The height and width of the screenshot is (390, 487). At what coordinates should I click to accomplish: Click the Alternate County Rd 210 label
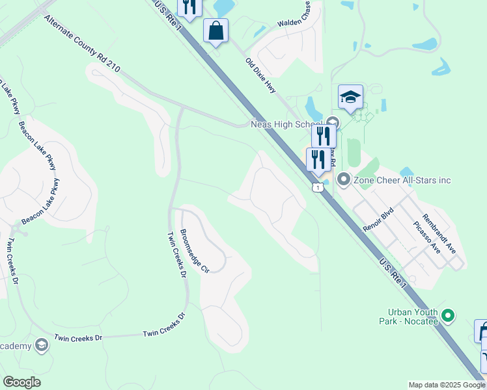(x=83, y=44)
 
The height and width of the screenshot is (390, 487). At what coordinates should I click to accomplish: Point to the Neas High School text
(x=286, y=124)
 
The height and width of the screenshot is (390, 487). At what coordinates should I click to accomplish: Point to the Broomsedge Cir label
(x=194, y=250)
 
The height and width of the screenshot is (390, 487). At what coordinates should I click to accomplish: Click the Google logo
(x=21, y=382)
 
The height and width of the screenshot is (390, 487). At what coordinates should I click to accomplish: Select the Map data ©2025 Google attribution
(x=446, y=385)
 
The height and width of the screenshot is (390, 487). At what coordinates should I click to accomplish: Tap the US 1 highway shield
(x=317, y=187)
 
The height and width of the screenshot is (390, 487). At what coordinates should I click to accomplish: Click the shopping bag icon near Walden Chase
(x=216, y=30)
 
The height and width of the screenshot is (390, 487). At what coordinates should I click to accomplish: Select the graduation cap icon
(x=350, y=97)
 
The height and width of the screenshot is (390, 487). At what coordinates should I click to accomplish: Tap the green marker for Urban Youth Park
(x=447, y=316)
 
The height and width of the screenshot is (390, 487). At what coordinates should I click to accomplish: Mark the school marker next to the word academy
(x=42, y=344)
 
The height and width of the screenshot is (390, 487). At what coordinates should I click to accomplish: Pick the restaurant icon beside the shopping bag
(x=189, y=8)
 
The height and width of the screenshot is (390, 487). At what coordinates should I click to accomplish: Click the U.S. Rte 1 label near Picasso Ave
(x=394, y=273)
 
